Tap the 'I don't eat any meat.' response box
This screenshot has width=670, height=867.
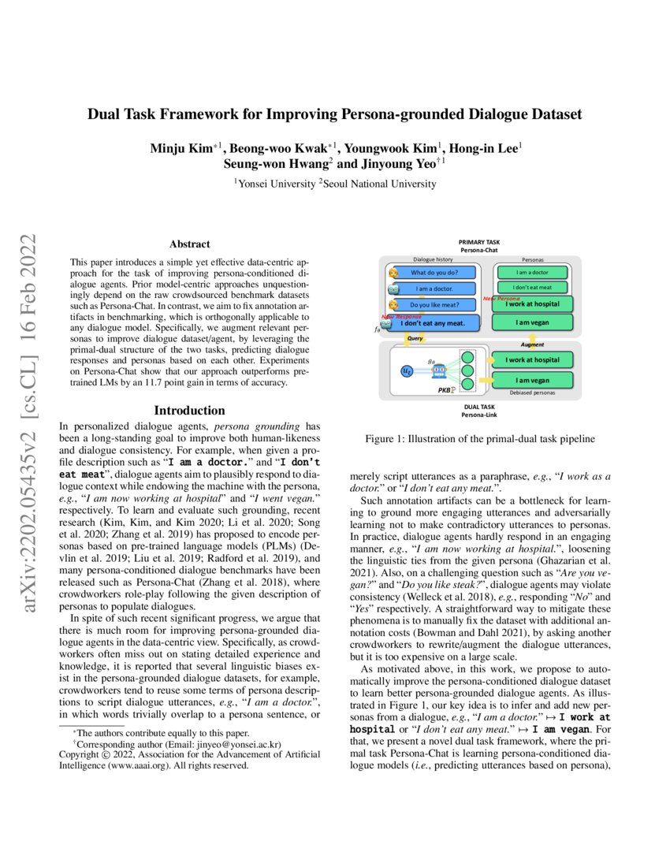(x=438, y=322)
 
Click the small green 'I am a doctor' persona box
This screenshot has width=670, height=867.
(x=533, y=273)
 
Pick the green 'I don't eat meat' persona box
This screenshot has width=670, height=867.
(x=533, y=288)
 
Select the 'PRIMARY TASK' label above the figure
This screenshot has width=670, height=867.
(x=478, y=242)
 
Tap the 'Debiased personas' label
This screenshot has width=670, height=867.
(x=533, y=392)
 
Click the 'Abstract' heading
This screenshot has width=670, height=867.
(x=189, y=244)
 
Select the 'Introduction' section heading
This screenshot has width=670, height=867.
(x=189, y=411)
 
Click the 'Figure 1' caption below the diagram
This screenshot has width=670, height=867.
(x=478, y=439)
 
